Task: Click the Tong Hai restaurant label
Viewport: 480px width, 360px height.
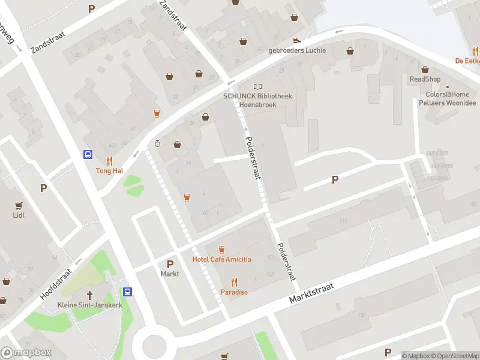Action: pyautogui.click(x=109, y=171)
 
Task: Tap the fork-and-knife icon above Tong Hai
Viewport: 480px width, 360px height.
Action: pyautogui.click(x=109, y=161)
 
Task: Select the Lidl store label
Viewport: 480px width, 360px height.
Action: pyautogui.click(x=19, y=215)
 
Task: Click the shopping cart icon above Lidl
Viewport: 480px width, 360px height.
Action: pyautogui.click(x=19, y=205)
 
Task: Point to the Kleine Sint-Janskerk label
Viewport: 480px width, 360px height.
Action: pyautogui.click(x=89, y=305)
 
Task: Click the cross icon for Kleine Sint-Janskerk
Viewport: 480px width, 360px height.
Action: pyautogui.click(x=90, y=295)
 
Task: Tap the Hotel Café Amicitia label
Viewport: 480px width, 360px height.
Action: pyautogui.click(x=221, y=259)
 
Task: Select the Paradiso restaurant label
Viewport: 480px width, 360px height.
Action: pyautogui.click(x=234, y=292)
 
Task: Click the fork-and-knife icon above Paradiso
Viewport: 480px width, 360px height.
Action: pyautogui.click(x=234, y=281)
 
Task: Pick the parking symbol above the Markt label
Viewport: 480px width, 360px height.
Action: pyautogui.click(x=170, y=264)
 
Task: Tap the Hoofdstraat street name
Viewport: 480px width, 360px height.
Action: pyautogui.click(x=56, y=284)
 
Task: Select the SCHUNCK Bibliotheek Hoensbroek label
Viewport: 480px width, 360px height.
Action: pyautogui.click(x=257, y=100)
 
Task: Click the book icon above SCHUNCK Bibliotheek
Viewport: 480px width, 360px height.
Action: pyautogui.click(x=257, y=87)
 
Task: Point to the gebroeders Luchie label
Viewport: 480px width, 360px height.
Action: pyautogui.click(x=297, y=50)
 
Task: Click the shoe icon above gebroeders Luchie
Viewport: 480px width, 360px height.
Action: pyautogui.click(x=297, y=41)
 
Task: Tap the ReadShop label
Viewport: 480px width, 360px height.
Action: pyautogui.click(x=425, y=79)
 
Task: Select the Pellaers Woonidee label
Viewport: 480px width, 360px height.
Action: pyautogui.click(x=447, y=103)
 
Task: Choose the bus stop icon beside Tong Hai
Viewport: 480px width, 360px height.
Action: pyautogui.click(x=88, y=154)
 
